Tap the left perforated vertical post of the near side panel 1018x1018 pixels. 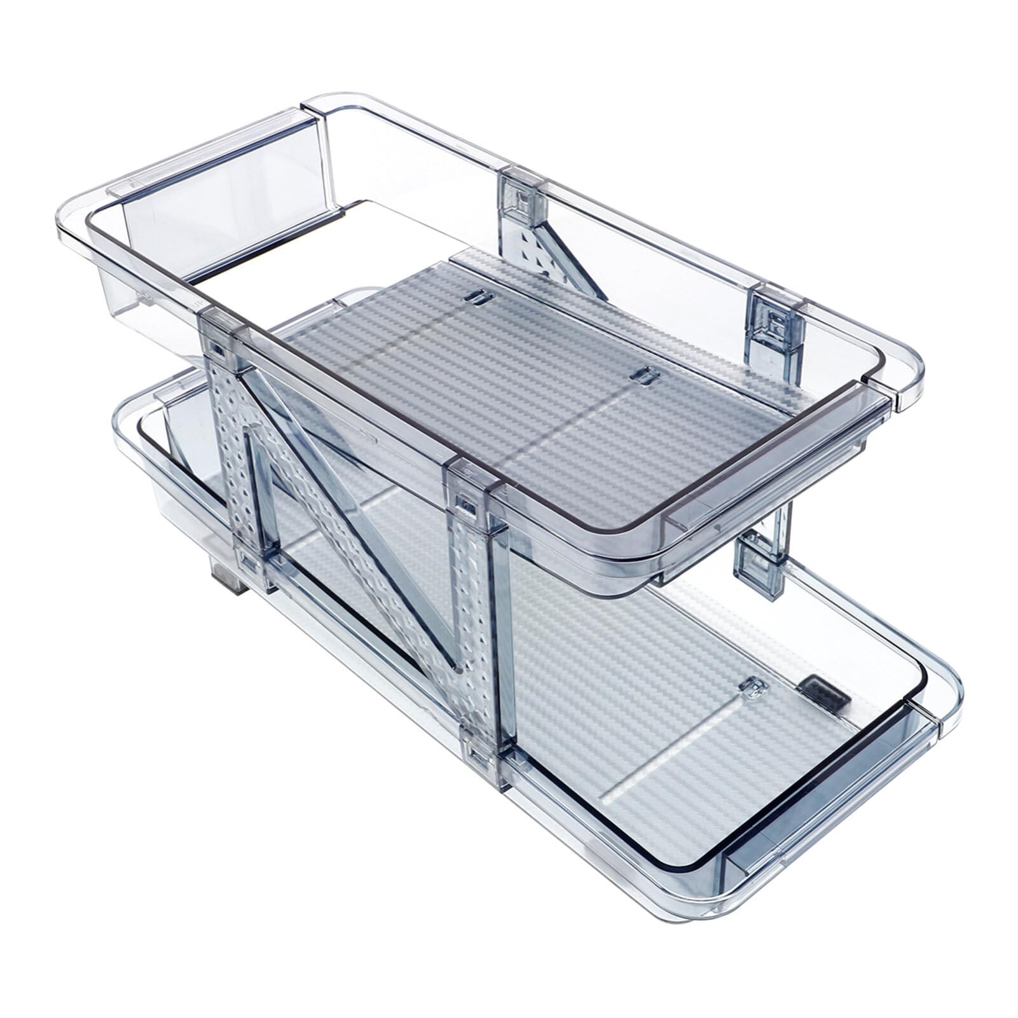[x=231, y=458]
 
